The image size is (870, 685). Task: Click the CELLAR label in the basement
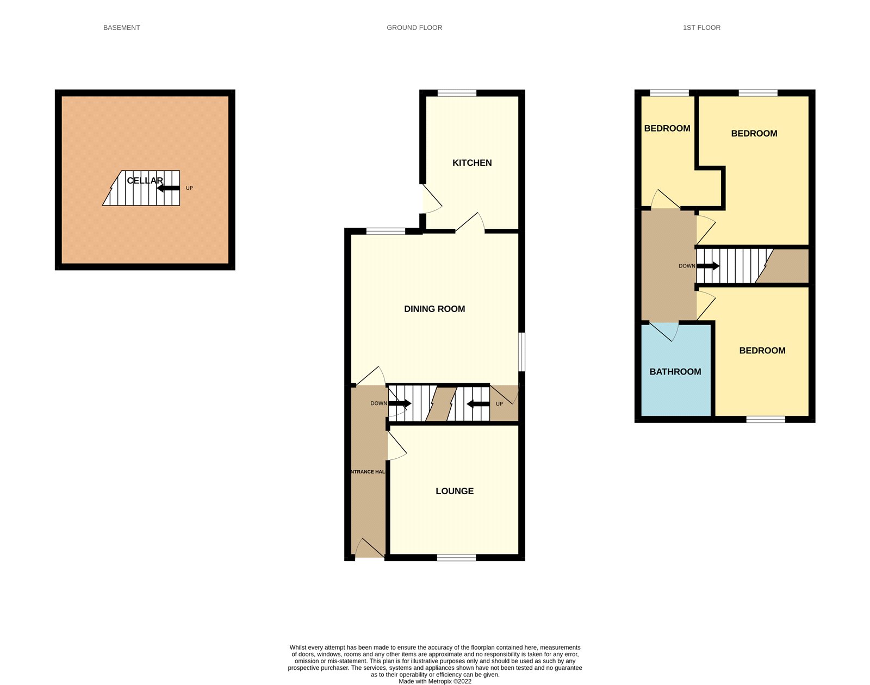click(145, 180)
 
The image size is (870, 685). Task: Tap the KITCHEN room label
click(472, 163)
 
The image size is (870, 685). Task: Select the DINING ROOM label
click(434, 309)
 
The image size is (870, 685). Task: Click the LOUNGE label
click(455, 491)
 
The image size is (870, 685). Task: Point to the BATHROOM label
click(675, 372)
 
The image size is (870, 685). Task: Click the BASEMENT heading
click(122, 28)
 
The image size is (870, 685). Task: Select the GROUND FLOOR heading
click(414, 28)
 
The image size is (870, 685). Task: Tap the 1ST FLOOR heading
click(701, 28)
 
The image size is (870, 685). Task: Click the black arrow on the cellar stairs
click(168, 188)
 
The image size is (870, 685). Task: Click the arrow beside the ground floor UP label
click(478, 403)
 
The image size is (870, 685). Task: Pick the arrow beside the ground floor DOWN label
click(400, 403)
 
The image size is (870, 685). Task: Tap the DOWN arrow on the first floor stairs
click(708, 266)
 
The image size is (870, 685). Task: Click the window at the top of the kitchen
click(457, 93)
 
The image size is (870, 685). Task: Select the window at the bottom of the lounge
click(456, 557)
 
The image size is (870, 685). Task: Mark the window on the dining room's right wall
click(521, 352)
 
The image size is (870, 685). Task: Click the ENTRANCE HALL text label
click(368, 472)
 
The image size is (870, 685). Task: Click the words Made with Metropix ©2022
click(435, 681)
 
